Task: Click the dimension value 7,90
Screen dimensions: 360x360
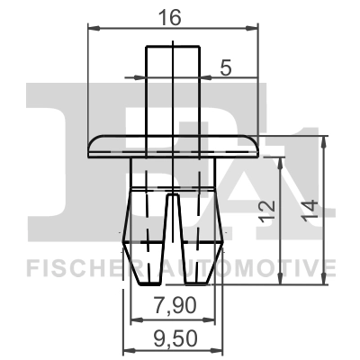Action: [174, 307]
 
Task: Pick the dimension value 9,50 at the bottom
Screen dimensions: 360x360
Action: [174, 339]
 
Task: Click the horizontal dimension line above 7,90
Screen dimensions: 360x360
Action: [174, 319]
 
